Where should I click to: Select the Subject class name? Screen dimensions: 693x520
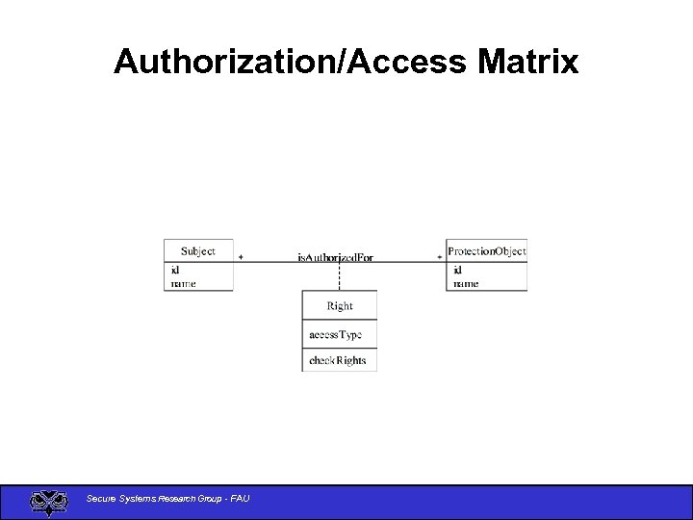click(x=197, y=251)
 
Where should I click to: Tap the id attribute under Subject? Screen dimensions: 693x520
click(x=175, y=271)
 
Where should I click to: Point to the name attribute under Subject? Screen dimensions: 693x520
click(x=183, y=283)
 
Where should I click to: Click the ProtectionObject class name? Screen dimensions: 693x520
click(x=487, y=251)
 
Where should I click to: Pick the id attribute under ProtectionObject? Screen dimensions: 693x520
click(x=458, y=271)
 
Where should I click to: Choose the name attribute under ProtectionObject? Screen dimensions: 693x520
click(x=466, y=283)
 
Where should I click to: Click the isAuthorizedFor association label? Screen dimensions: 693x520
click(x=335, y=257)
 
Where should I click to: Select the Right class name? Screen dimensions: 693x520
click(x=340, y=306)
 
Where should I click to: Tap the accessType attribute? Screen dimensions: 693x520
click(x=335, y=335)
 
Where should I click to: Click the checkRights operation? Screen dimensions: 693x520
click(x=337, y=361)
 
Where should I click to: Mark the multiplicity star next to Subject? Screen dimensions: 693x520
click(x=241, y=257)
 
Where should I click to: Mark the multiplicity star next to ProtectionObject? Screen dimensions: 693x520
click(x=440, y=257)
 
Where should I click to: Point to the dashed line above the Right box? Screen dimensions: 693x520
click(x=340, y=276)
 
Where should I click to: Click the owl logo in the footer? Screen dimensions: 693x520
click(x=48, y=502)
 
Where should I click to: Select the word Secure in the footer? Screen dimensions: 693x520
click(x=99, y=498)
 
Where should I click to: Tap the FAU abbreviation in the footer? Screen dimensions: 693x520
click(x=240, y=498)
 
